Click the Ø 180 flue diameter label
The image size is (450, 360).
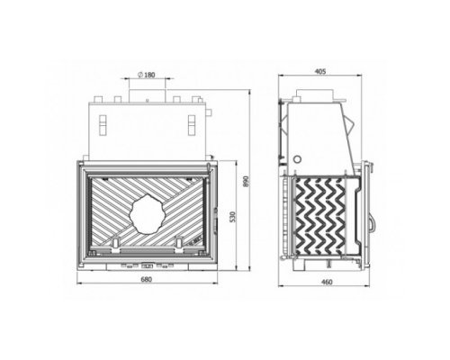click(x=147, y=75)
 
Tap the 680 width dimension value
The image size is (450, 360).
click(x=147, y=279)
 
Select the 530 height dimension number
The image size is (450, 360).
click(x=233, y=217)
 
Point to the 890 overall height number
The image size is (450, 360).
click(x=246, y=181)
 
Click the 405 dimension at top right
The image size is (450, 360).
click(x=320, y=71)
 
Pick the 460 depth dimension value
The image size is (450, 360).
click(x=327, y=282)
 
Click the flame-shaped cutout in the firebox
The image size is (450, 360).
click(x=147, y=214)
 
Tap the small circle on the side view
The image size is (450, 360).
click(x=297, y=159)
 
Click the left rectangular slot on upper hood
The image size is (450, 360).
click(x=103, y=125)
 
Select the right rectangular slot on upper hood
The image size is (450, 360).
click(x=192, y=125)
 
